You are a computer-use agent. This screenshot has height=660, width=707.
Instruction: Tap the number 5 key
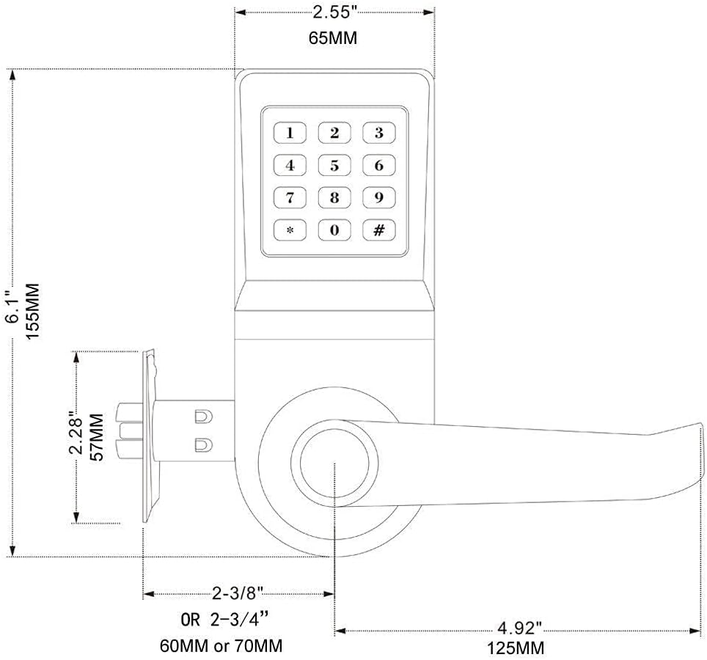click(334, 165)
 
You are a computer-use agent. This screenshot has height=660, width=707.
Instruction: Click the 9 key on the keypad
click(379, 197)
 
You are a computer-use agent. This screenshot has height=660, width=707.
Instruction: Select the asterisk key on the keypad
click(290, 230)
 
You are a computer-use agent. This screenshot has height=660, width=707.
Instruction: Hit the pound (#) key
click(379, 230)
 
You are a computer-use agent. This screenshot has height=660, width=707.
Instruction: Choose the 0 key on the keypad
click(334, 230)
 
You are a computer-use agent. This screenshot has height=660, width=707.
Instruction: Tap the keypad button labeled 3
click(379, 133)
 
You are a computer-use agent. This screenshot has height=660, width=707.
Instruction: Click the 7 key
click(290, 197)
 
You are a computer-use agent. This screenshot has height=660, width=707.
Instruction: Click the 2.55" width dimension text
click(334, 12)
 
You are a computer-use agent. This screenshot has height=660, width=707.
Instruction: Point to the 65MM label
click(334, 38)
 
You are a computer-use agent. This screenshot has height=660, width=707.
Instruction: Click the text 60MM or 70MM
click(221, 646)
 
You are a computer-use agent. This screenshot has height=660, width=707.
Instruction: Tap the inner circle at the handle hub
click(334, 463)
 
